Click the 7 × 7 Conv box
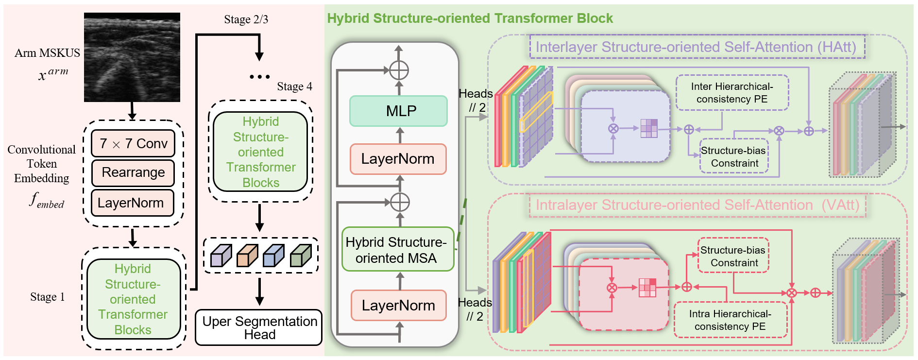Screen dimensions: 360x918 [x=133, y=143]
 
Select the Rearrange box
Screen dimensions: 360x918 [x=133, y=172]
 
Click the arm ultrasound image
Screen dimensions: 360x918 [x=132, y=57]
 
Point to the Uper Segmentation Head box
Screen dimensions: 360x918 [x=259, y=327]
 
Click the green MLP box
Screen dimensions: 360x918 [x=398, y=111]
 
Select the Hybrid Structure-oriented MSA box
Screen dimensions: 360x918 [x=398, y=249]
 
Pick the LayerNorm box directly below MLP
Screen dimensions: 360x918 [x=398, y=159]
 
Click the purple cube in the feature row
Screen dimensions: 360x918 [x=221, y=256]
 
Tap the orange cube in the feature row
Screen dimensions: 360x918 [x=247, y=256]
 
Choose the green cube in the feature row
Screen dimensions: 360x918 [x=300, y=256]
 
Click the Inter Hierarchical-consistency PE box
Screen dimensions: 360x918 [x=732, y=93]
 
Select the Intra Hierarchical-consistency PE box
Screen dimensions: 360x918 [x=730, y=320]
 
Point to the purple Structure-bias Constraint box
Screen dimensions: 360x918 [x=734, y=156]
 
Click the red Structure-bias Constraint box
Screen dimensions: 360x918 [x=733, y=256]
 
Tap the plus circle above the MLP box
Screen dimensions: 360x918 [x=399, y=70]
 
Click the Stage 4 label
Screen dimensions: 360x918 [x=294, y=86]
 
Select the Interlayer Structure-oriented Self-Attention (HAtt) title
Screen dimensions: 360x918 [x=697, y=47]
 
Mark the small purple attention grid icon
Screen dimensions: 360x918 [x=649, y=128]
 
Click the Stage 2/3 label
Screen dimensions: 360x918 [x=246, y=19]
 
